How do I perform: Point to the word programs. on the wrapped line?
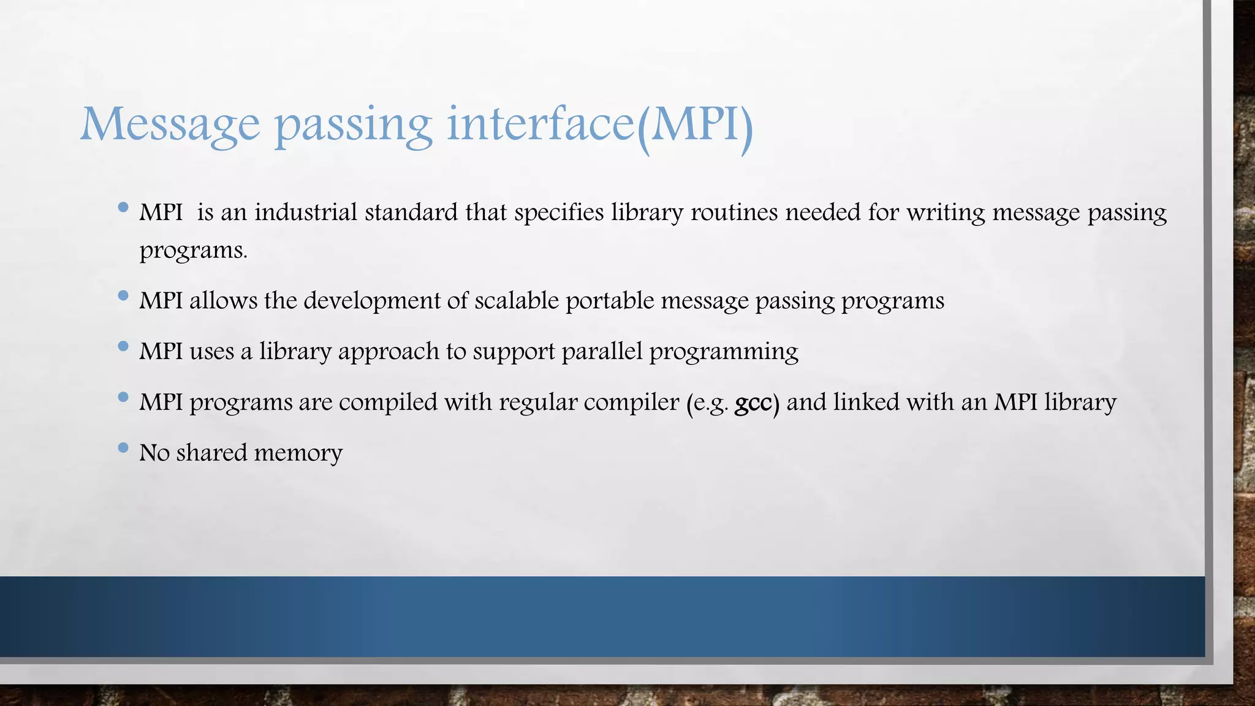point(193,251)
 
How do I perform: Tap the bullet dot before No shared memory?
point(123,448)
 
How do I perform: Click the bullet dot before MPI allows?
point(123,296)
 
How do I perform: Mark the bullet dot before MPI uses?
point(123,346)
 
